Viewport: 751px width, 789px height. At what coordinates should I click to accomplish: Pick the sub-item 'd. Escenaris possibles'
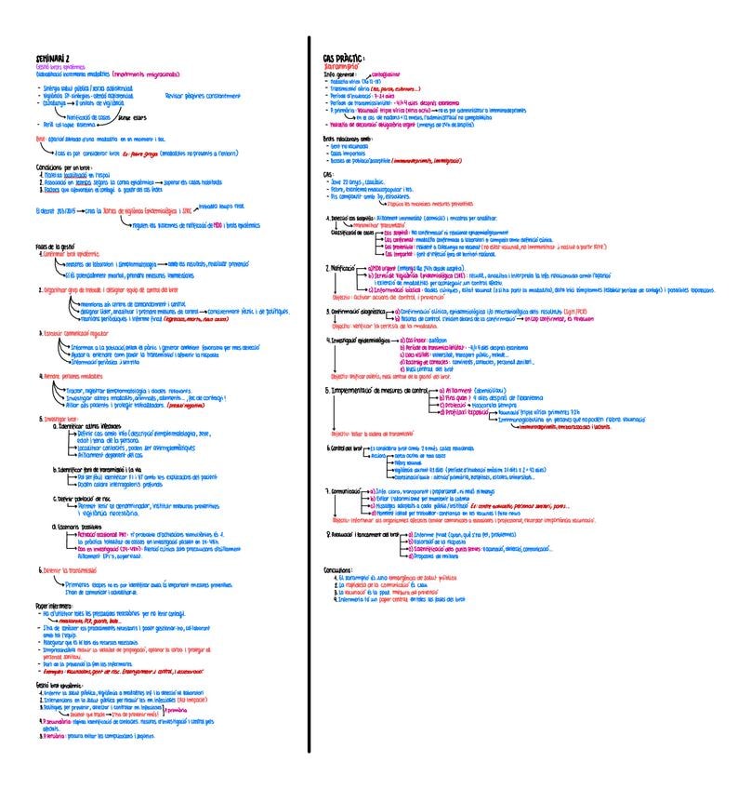[84, 525]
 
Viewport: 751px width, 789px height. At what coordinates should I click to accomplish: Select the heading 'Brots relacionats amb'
[349, 138]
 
